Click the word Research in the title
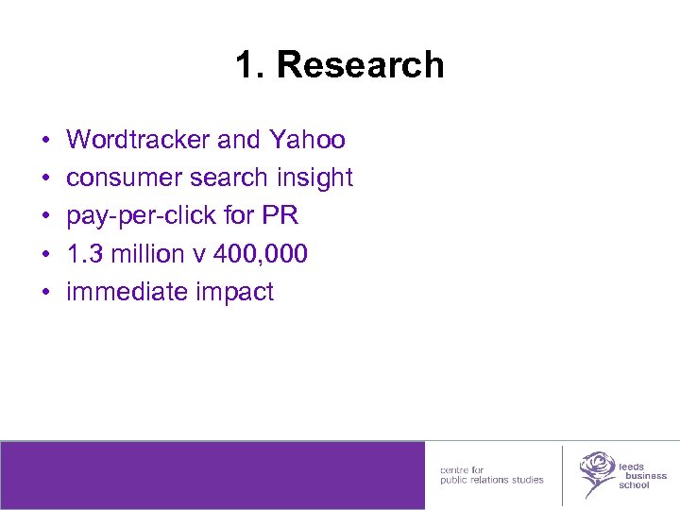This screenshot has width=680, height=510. coord(360,65)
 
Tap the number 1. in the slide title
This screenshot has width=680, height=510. coord(251,65)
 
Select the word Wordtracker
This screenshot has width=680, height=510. coord(138,141)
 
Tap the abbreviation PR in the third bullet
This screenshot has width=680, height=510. coord(280,216)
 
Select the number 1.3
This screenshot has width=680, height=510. coord(82,254)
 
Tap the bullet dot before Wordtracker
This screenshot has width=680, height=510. coord(46,142)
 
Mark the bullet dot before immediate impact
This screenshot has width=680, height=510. coord(46,293)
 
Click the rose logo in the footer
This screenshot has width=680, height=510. coord(596,471)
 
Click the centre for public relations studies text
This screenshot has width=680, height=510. coord(491,475)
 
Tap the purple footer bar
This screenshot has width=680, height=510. coord(212,475)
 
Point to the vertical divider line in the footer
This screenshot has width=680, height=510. coord(562,475)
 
